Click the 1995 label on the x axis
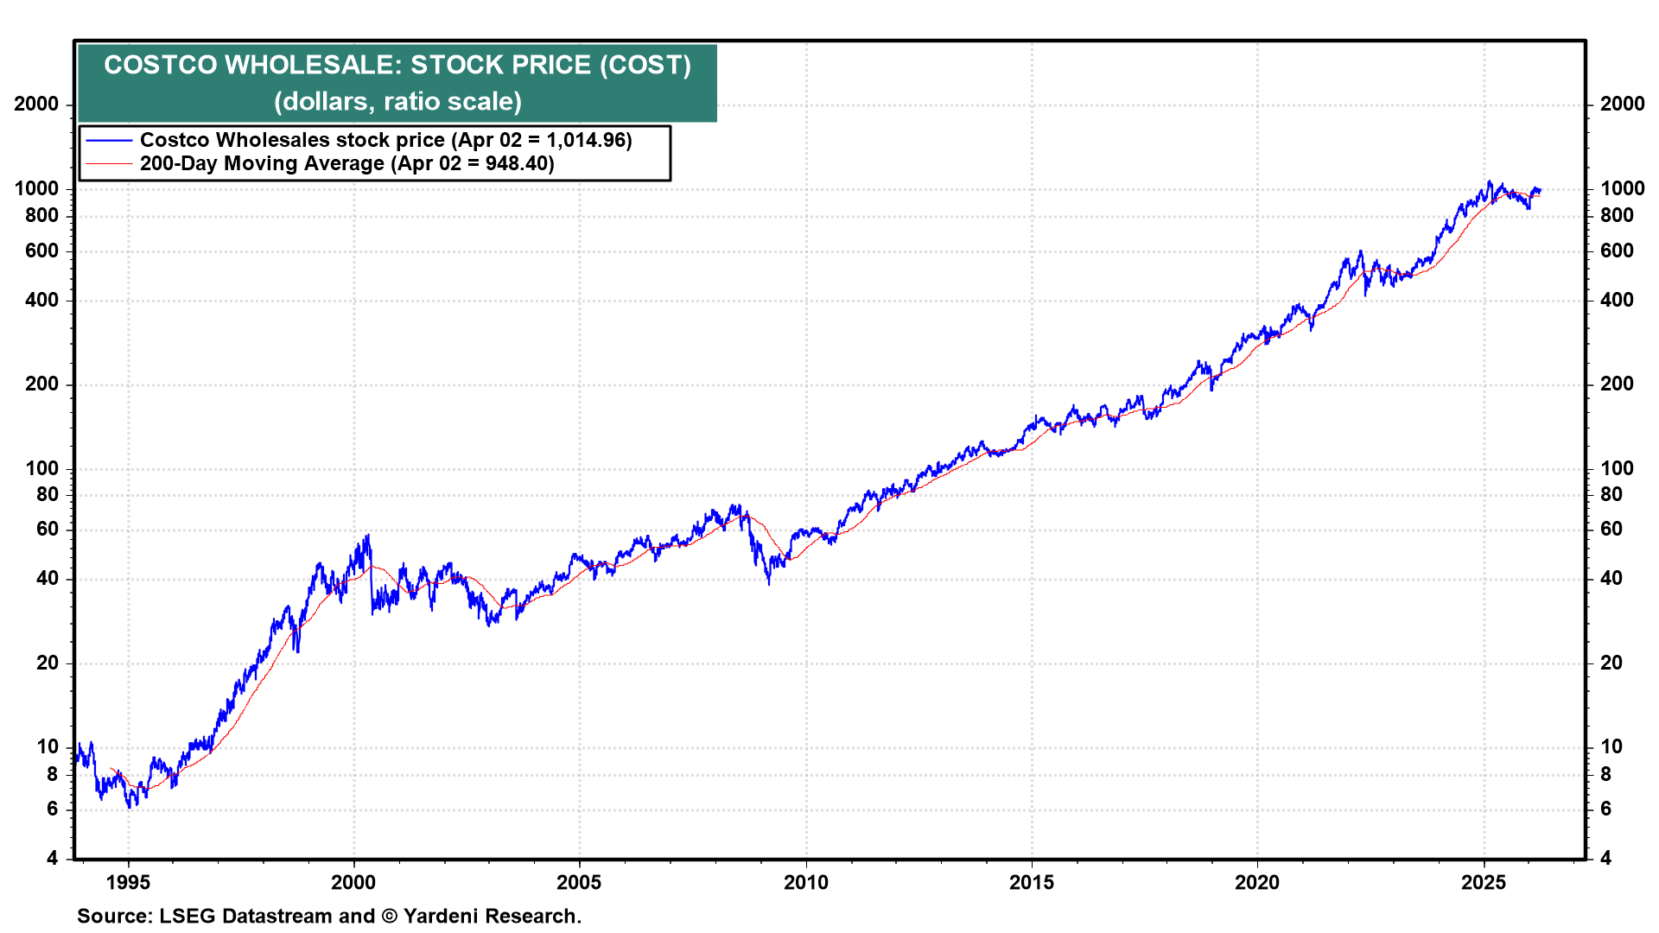pos(128,882)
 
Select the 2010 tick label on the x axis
pos(805,882)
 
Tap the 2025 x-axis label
pos(1483,882)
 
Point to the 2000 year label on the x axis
pos(353,882)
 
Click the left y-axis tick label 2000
pos(36,105)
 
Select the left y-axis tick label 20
pos(48,663)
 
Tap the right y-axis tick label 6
pos(1605,809)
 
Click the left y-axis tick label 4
pos(53,859)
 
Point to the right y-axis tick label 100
pos(1617,469)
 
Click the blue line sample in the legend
pos(109,141)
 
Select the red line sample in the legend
pos(109,164)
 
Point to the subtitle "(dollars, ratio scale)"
pos(397,102)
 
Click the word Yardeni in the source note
pos(440,917)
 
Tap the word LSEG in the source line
pos(188,917)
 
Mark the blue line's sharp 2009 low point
pos(769,584)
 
